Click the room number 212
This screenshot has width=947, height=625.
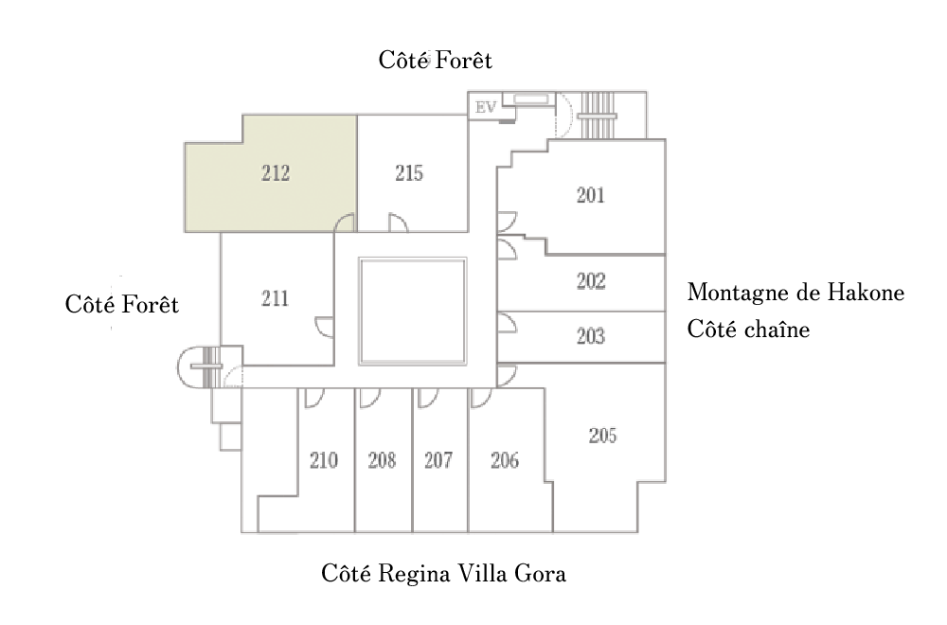(x=275, y=174)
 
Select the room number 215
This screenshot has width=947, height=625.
(x=409, y=174)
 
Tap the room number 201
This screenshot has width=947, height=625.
(x=590, y=196)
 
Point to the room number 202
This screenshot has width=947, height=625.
(x=590, y=282)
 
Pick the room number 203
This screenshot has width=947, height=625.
(x=590, y=337)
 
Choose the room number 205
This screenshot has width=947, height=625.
(x=602, y=436)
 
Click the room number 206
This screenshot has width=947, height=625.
(x=505, y=461)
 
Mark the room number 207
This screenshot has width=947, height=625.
(x=438, y=461)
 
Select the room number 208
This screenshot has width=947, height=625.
(x=382, y=461)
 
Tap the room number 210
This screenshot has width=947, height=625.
(x=324, y=461)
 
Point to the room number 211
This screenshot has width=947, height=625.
(x=275, y=299)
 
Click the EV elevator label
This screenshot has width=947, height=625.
(x=486, y=106)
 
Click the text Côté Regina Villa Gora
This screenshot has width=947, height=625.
(x=443, y=574)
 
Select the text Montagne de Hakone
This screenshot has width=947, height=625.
(x=795, y=293)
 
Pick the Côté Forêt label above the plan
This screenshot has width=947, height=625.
(x=436, y=61)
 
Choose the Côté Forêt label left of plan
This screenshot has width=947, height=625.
(x=122, y=306)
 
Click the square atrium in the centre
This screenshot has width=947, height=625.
(x=413, y=312)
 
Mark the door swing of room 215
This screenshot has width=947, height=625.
(x=399, y=223)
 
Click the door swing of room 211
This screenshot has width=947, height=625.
(x=325, y=326)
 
